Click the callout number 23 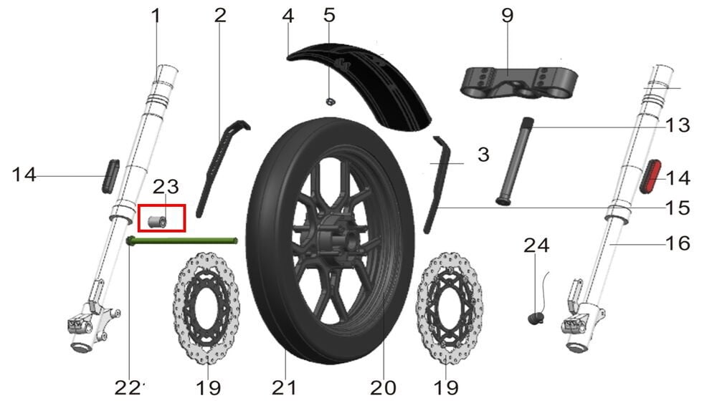click(x=166, y=186)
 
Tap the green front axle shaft click(x=182, y=241)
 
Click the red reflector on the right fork click(x=650, y=177)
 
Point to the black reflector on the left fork click(x=110, y=176)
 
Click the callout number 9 click(x=508, y=16)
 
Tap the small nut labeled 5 click(x=328, y=102)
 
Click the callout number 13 click(x=678, y=125)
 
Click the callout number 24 click(x=536, y=246)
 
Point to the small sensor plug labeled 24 click(x=536, y=318)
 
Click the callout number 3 click(x=483, y=155)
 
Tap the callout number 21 click(x=284, y=388)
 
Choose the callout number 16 click(x=678, y=243)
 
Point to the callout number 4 click(x=288, y=16)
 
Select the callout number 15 click(x=678, y=208)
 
